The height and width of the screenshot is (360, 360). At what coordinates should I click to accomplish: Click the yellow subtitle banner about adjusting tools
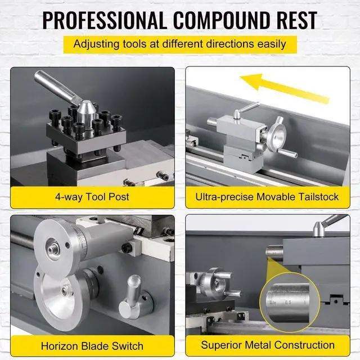(179, 44)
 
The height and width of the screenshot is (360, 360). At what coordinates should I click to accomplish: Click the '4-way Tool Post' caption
(93, 197)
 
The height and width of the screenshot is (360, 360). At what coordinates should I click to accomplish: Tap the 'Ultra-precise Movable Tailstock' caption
(267, 197)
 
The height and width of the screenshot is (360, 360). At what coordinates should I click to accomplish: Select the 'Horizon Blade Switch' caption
(93, 345)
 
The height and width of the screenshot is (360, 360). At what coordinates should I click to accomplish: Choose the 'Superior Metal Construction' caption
(267, 345)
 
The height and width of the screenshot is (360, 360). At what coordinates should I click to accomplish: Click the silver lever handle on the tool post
(53, 88)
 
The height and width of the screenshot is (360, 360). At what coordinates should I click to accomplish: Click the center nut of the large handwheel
(54, 247)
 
